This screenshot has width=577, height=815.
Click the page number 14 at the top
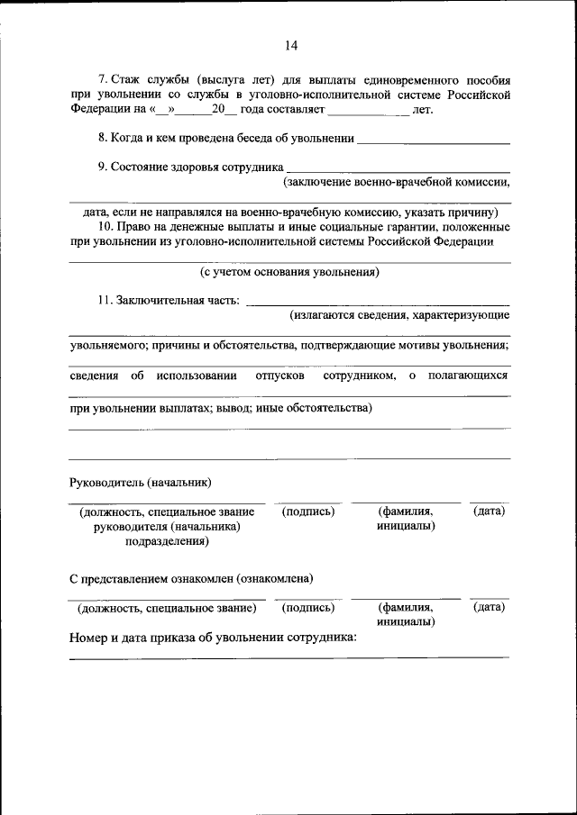pyautogui.click(x=289, y=46)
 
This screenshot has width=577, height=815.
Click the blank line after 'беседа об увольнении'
pyautogui.click(x=434, y=140)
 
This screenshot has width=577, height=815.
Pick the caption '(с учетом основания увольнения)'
pyautogui.click(x=289, y=271)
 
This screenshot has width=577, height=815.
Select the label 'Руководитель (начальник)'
pyautogui.click(x=141, y=482)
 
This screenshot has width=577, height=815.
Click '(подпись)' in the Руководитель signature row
pyautogui.click(x=308, y=512)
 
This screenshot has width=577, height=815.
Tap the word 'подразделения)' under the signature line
pyautogui.click(x=167, y=541)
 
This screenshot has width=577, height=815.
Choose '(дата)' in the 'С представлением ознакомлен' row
pyautogui.click(x=489, y=608)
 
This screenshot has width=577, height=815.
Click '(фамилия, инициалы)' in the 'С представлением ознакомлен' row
pyautogui.click(x=406, y=615)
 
